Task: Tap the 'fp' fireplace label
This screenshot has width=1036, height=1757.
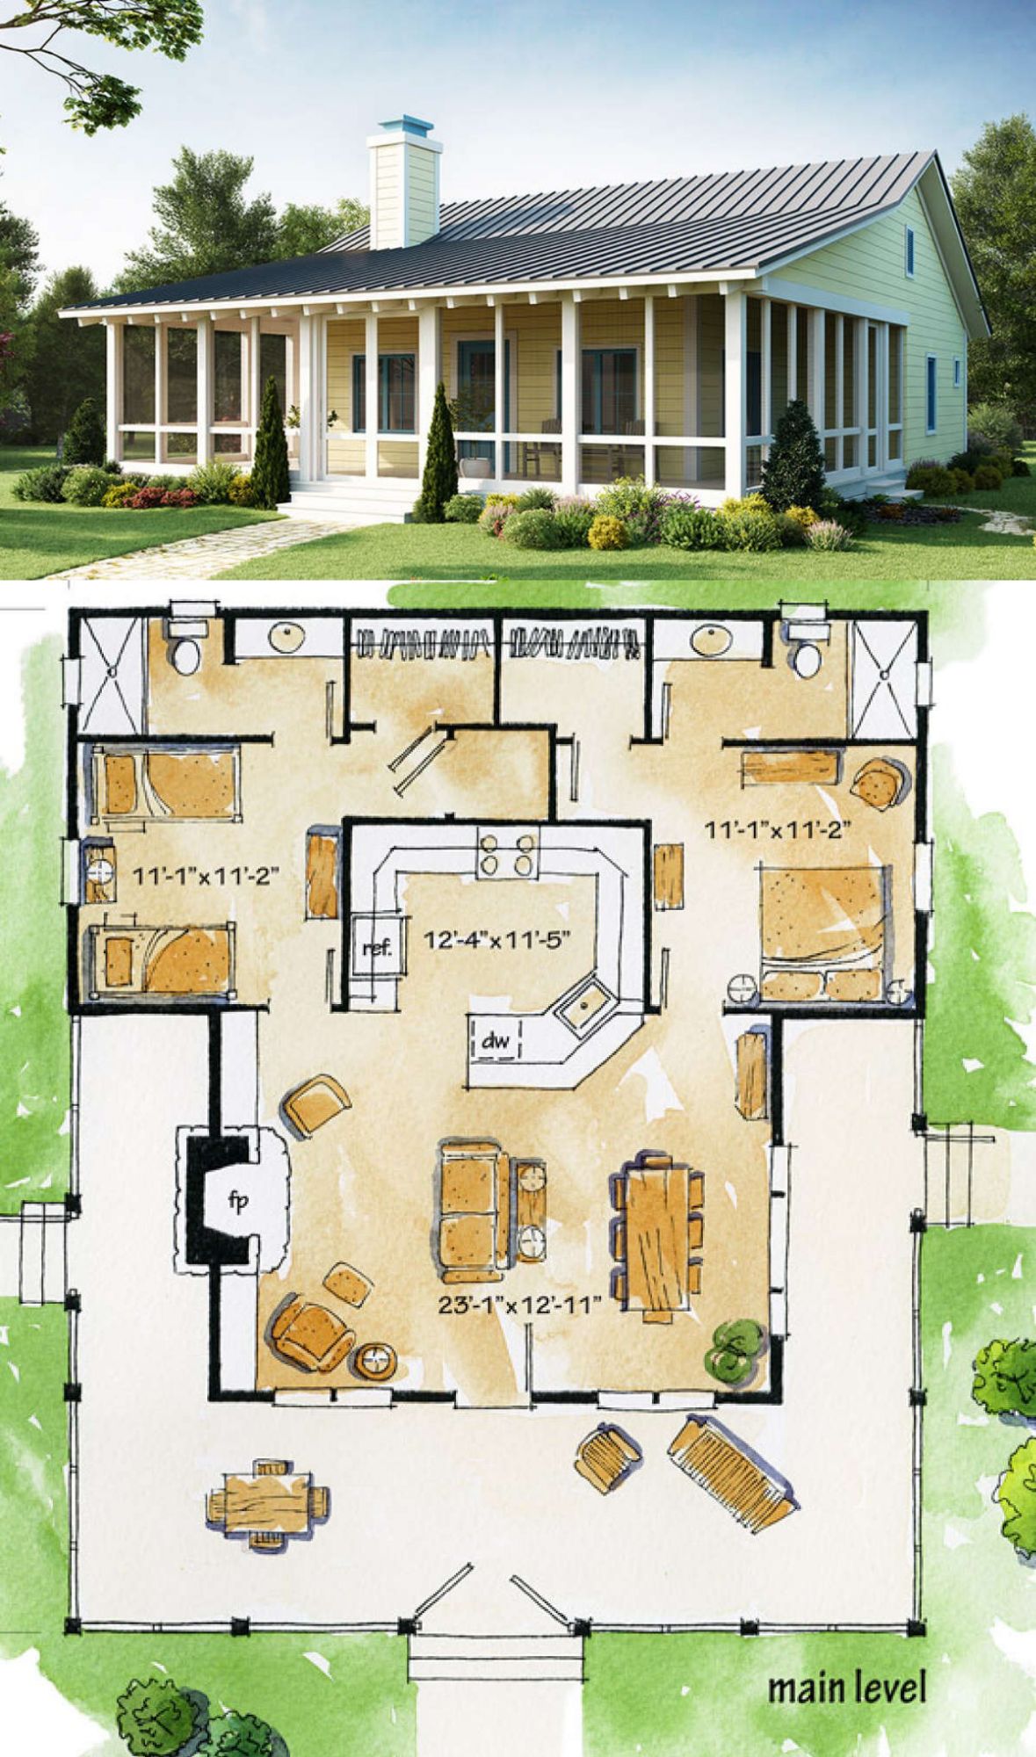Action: [238, 1203]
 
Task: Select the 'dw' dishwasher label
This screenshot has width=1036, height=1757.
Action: [496, 1042]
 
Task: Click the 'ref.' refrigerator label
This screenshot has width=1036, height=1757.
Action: [378, 948]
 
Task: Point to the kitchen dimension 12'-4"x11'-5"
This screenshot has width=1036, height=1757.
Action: [497, 940]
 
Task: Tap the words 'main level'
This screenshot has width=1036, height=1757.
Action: [847, 1688]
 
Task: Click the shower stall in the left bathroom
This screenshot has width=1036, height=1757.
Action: [111, 674]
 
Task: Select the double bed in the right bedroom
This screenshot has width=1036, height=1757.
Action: [823, 932]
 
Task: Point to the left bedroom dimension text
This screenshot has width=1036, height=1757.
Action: [206, 875]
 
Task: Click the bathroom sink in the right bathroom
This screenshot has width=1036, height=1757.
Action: [711, 640]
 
